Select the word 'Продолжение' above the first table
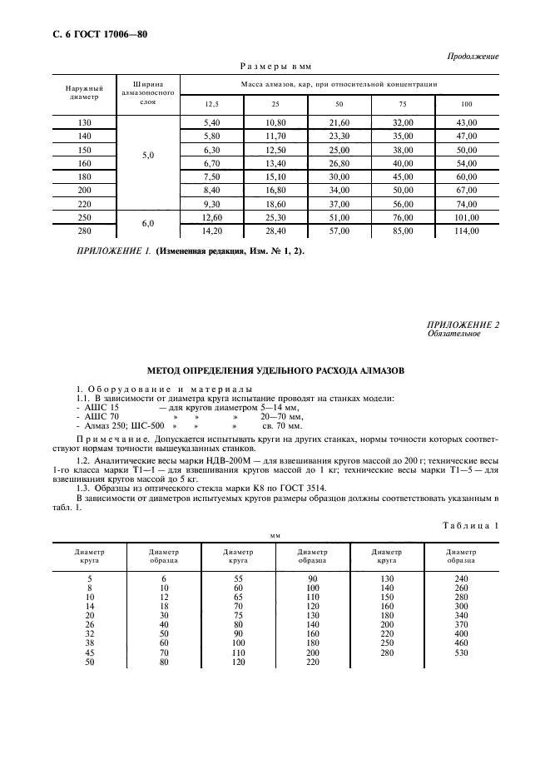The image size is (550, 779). (475, 57)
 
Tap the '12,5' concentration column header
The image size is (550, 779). (211, 103)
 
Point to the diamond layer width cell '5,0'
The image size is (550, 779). (148, 155)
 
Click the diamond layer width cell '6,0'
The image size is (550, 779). (148, 224)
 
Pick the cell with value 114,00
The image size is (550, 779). (467, 231)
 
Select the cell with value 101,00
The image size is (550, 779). (467, 217)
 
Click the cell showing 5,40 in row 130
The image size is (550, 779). (211, 122)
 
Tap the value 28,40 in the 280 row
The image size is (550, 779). (275, 231)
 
